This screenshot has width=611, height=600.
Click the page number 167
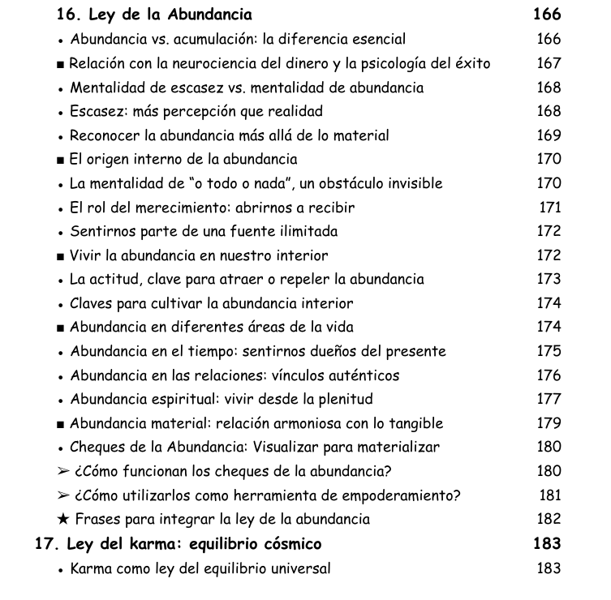pos(549,63)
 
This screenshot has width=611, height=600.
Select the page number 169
pos(549,135)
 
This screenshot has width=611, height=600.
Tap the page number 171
pos(550,208)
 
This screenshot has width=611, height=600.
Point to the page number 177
pos(549,399)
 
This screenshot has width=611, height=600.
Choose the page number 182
pos(549,519)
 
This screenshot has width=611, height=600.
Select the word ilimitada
pos(305,231)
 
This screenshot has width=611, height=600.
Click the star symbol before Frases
pos(63,519)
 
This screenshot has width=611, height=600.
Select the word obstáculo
pos(344,183)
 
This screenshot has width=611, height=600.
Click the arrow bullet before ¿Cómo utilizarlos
pos(63,495)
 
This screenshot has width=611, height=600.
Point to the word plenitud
pos(343,399)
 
